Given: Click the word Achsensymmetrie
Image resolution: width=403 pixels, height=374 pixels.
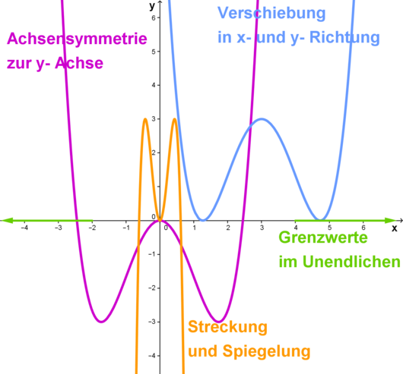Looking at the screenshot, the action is point(77,39).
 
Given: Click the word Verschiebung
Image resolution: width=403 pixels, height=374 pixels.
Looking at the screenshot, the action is point(271,14).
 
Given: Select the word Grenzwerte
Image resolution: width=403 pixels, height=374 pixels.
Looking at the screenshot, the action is point(323,237).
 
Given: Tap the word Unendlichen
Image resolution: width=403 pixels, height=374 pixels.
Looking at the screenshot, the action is point(351,262).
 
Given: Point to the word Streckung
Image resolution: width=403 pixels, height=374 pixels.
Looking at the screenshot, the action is point(227,328).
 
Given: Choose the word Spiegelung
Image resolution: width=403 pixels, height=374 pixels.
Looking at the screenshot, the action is point(267,351).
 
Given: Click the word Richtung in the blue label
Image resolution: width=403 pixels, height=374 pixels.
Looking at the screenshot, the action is point(344,37).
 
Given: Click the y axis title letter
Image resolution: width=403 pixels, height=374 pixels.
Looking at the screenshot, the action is point(152,6).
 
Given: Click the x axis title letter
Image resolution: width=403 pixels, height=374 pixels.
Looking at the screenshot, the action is point(395,228).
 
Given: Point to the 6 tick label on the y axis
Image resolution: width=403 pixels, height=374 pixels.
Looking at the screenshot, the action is point(154,17).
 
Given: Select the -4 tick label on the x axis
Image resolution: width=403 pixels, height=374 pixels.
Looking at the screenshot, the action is point(24,228).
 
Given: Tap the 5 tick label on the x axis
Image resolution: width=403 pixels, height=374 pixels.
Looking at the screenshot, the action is point(329,228).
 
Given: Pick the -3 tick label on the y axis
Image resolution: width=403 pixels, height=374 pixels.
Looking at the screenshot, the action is point(152,322).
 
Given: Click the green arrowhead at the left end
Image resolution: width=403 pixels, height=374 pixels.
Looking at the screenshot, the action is point(7,220).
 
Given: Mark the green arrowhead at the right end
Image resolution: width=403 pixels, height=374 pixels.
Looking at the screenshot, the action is point(390,220).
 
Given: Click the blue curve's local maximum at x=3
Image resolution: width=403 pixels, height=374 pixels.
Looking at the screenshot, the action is point(262,119).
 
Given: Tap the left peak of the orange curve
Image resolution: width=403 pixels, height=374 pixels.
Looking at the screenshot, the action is point(145,119).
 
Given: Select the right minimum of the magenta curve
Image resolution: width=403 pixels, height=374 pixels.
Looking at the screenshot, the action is point(218,322).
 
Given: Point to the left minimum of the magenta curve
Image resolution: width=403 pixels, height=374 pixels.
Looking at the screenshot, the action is point(102,322).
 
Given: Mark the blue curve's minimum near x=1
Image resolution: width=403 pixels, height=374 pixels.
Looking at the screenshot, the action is point(203,220).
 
